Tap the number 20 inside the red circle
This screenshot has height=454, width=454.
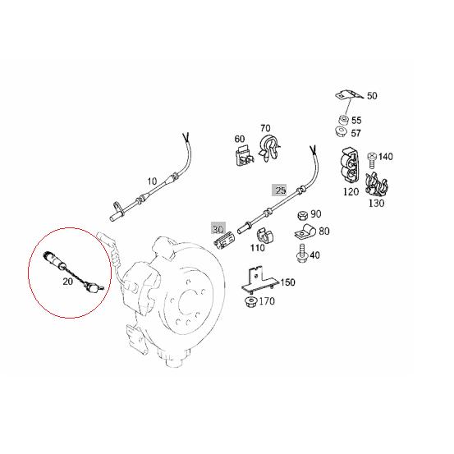[x=67, y=281]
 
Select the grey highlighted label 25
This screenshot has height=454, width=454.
[x=280, y=190]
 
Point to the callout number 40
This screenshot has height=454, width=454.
[x=316, y=255]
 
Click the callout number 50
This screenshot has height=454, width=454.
[x=372, y=96]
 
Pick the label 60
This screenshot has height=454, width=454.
[x=241, y=139]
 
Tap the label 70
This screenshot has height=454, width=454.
[x=265, y=128]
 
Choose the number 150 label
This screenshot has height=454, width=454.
[x=287, y=282]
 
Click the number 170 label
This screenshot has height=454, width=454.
[x=267, y=301]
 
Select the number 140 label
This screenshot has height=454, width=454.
[x=385, y=156]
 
